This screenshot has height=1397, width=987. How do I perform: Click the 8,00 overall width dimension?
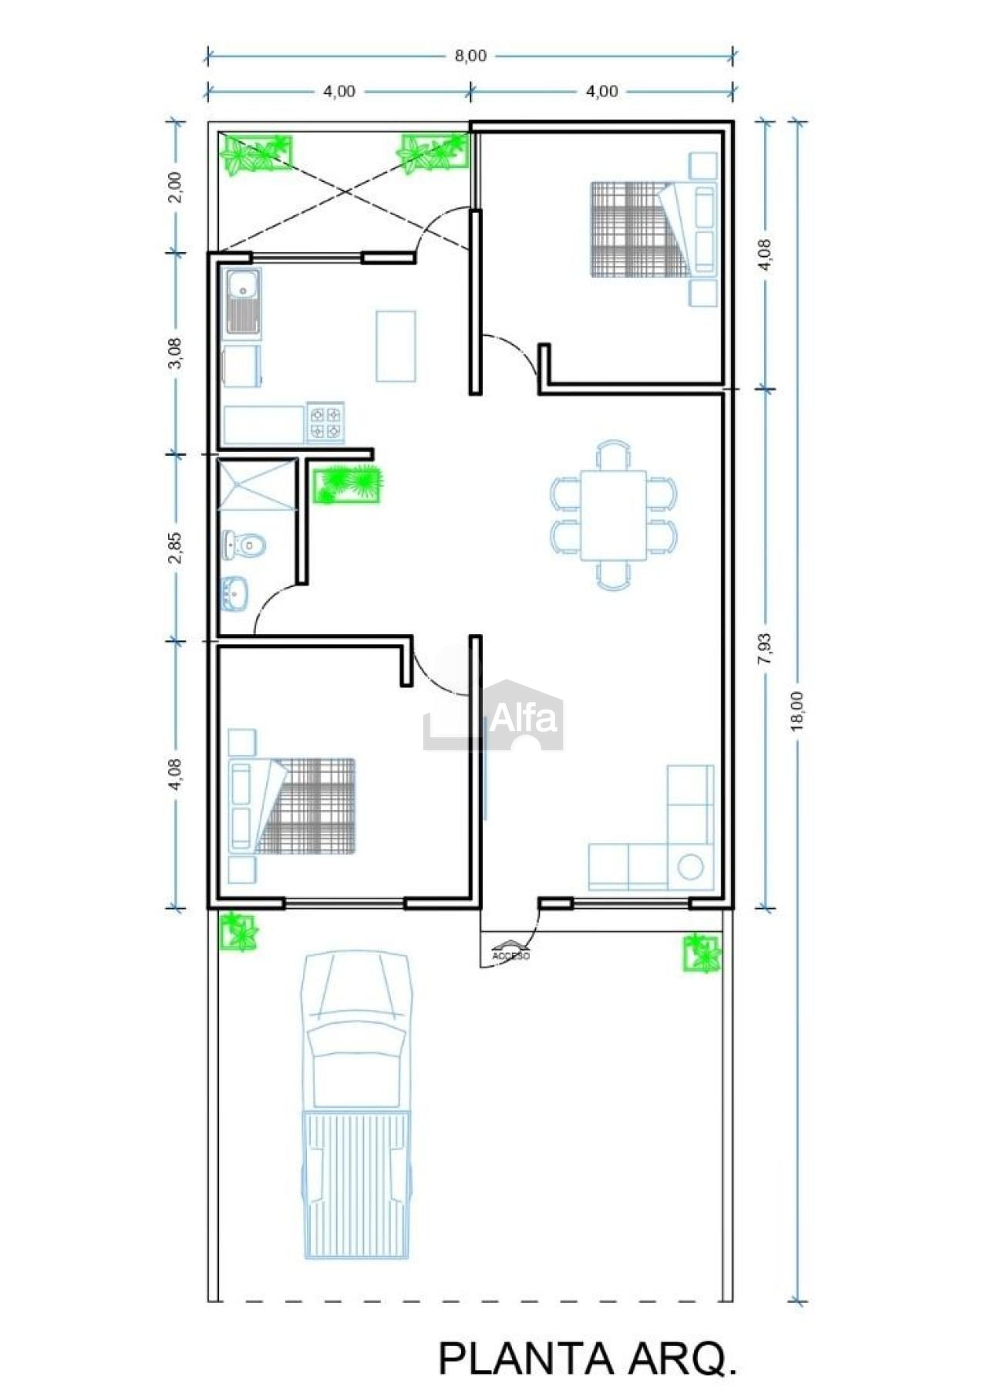pos(470,56)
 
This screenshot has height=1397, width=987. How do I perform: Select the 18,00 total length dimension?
pos(797,709)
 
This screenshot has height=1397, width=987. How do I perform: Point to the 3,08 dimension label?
pos(175,353)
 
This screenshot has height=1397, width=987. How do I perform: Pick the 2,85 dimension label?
pos(175,547)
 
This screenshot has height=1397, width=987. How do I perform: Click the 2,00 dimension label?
pos(175,186)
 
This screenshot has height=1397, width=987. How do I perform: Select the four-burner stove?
pos(325,423)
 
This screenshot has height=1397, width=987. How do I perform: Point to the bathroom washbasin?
pos(234,594)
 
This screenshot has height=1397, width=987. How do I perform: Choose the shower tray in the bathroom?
pos(257,484)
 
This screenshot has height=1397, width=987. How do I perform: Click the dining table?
pos(613,515)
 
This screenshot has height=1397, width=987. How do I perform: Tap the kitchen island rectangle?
pos(396,346)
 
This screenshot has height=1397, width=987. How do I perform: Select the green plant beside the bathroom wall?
pos(348,484)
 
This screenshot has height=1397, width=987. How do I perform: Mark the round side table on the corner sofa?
pos(690,866)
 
